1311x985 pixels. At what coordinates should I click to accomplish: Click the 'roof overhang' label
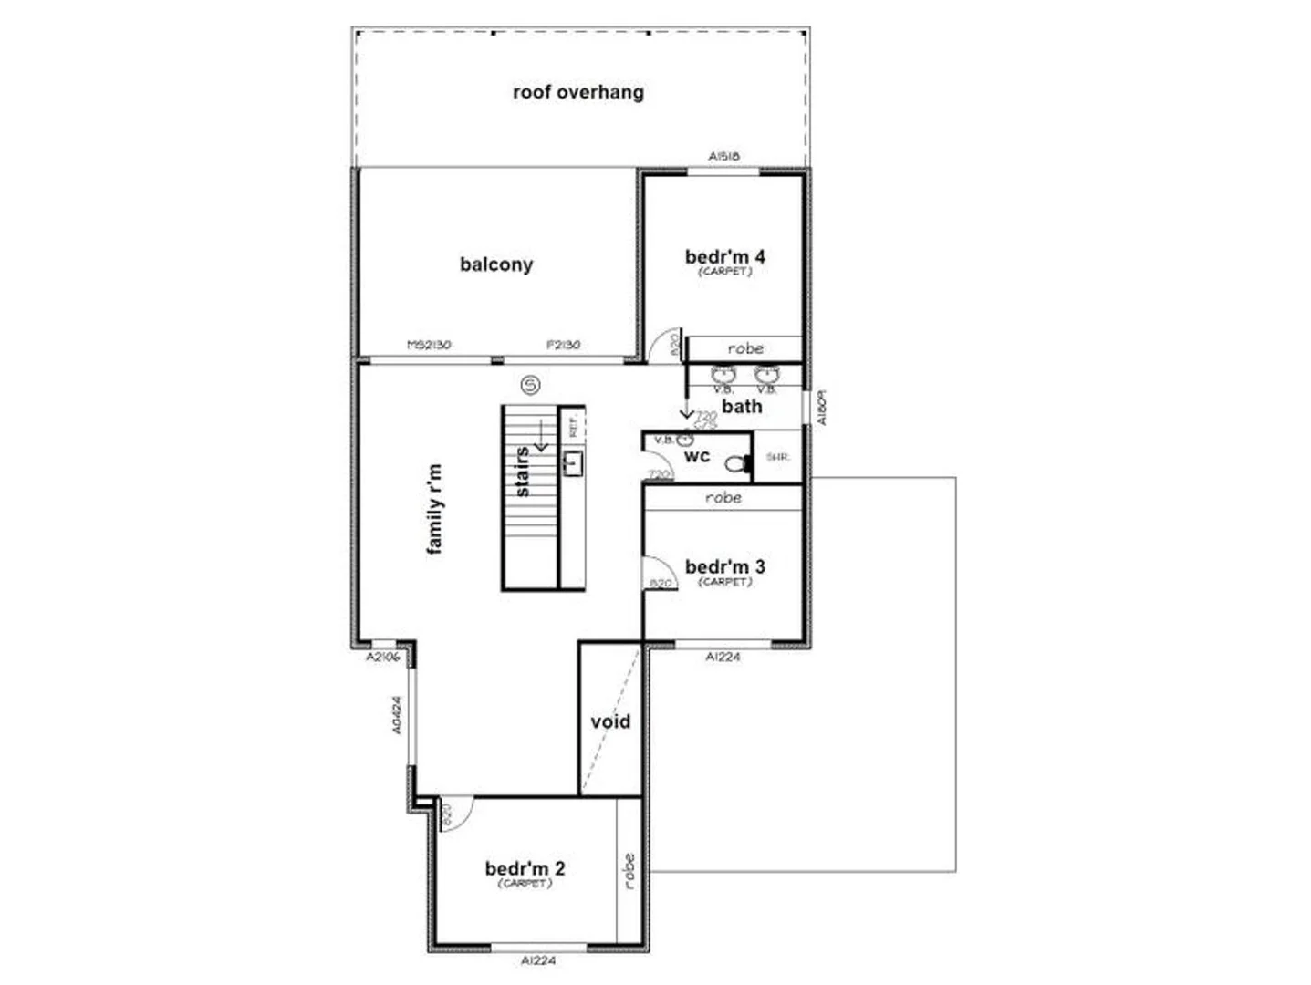pos(577,92)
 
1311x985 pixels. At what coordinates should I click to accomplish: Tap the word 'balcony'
pos(495,264)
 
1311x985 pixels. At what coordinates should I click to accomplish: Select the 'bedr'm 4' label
pos(724,257)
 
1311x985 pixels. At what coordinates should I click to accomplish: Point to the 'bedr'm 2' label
pos(525,869)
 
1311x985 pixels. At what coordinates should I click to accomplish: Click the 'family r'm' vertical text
pos(434,508)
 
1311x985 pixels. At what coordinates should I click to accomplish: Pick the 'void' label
pos(610,722)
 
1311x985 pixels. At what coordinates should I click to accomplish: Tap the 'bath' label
pos(741,407)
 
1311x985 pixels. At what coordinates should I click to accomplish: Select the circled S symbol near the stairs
pos(530,385)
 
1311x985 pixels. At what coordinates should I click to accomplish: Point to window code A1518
pos(723,157)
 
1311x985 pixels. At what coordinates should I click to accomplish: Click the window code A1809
pos(820,408)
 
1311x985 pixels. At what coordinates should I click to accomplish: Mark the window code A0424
pos(397,715)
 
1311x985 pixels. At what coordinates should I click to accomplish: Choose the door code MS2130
pos(428,346)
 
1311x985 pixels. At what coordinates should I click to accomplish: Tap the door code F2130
pos(563,346)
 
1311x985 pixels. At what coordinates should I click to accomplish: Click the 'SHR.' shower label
pos(777,457)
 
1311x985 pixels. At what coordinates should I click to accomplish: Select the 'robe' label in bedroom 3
pos(723,498)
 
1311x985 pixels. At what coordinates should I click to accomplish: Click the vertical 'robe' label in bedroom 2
pos(629,871)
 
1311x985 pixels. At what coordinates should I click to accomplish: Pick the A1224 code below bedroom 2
pos(538,959)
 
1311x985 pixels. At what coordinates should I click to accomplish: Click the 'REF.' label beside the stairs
pos(573,426)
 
